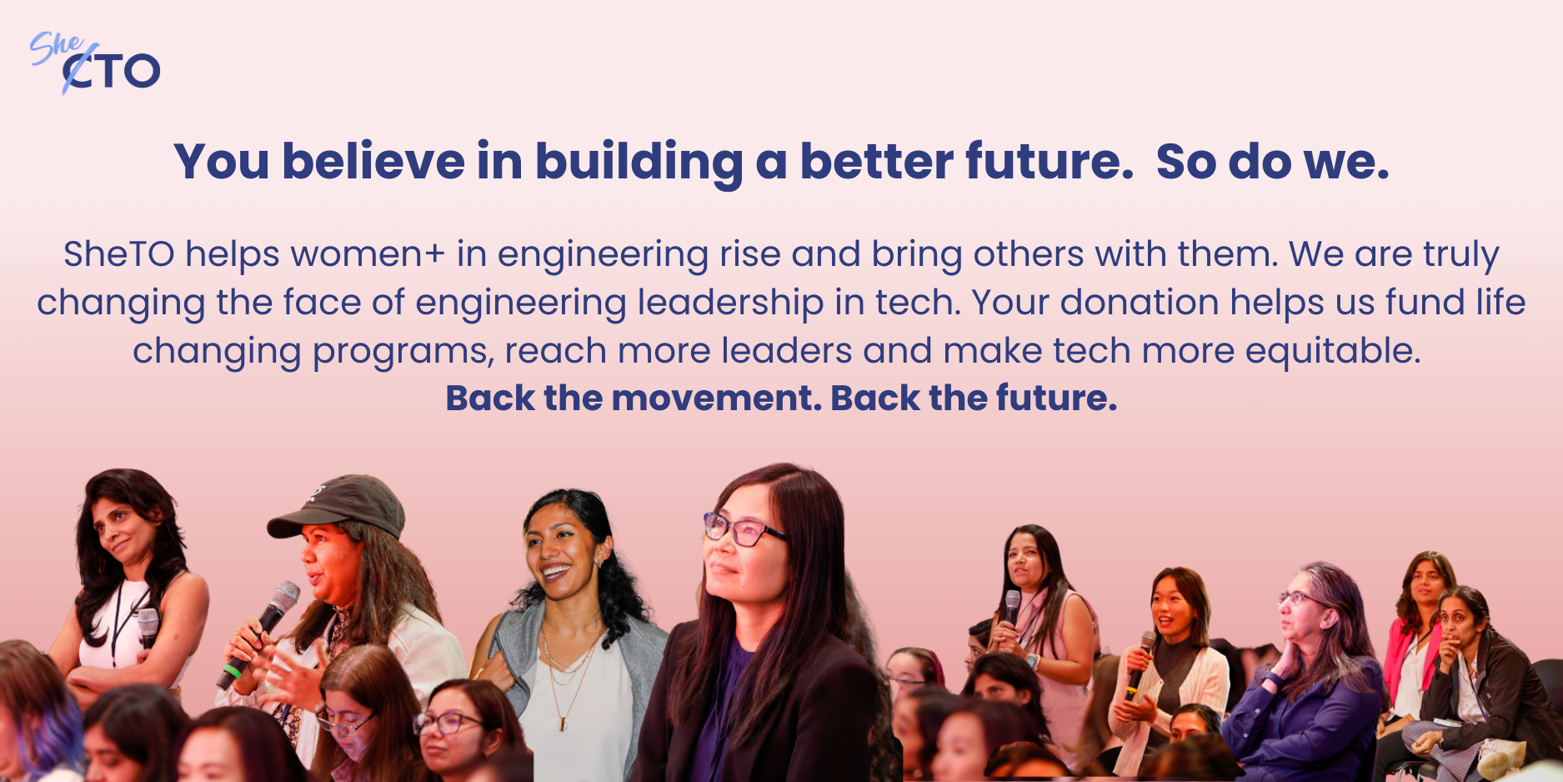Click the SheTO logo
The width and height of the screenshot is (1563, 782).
(94, 63)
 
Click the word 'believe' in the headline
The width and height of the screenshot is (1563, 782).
(373, 161)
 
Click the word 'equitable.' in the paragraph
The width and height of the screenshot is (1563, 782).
(1333, 351)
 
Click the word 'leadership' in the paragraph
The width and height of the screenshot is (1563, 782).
(730, 303)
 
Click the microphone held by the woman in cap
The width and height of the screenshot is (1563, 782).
(258, 634)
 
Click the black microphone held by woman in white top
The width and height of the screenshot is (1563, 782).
(148, 629)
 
